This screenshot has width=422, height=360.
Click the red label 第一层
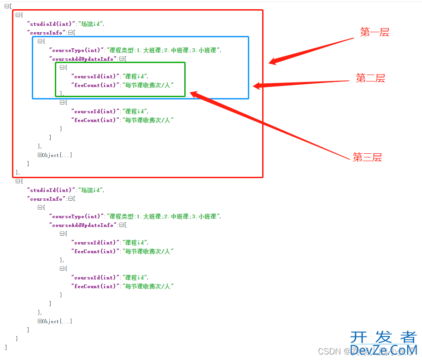(x=375, y=32)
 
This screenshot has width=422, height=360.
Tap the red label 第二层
(x=370, y=78)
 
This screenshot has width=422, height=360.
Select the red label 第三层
(x=367, y=157)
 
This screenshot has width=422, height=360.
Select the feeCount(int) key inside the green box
(x=95, y=85)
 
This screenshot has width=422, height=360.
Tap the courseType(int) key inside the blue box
(x=76, y=50)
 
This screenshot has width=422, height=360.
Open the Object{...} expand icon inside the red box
(x=40, y=155)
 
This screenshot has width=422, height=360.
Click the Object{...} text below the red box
(x=57, y=321)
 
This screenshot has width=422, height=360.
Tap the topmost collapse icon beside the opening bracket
(x=6, y=6)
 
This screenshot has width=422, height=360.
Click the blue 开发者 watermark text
(x=383, y=338)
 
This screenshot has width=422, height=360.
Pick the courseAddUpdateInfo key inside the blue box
(x=83, y=59)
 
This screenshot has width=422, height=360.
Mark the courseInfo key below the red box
(x=47, y=199)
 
